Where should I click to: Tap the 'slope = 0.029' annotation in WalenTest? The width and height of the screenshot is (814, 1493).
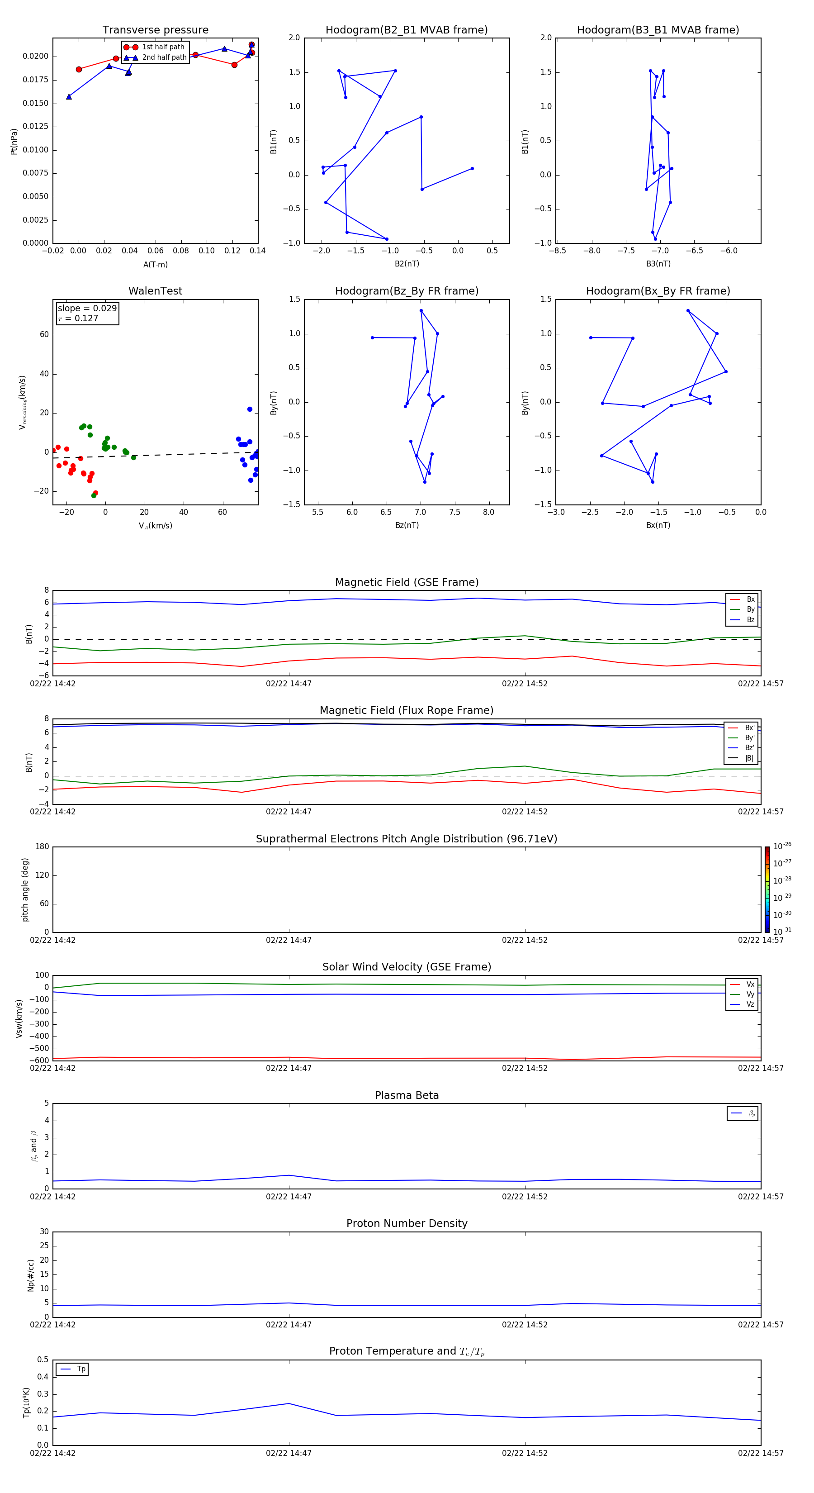[x=87, y=309]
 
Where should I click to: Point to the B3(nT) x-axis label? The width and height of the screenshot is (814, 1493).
[x=658, y=264]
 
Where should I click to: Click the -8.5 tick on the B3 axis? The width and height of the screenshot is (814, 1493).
[x=557, y=251]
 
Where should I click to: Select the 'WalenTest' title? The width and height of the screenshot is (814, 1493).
[x=155, y=291]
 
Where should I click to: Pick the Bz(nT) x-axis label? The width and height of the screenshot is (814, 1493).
[x=407, y=525]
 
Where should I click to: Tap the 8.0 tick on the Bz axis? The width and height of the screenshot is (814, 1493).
[x=488, y=512]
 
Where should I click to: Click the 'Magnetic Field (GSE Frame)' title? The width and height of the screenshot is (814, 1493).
[x=407, y=582]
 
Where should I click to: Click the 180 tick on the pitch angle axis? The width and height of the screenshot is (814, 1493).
[x=43, y=847]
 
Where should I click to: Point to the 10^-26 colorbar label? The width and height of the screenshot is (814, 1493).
[x=782, y=846]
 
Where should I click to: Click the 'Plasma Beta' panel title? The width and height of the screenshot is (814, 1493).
[x=407, y=1095]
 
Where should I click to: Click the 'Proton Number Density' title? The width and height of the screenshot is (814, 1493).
[x=407, y=1223]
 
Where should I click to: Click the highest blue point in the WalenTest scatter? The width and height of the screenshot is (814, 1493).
[x=250, y=409]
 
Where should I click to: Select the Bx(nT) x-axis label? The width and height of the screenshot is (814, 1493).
[x=658, y=525]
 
